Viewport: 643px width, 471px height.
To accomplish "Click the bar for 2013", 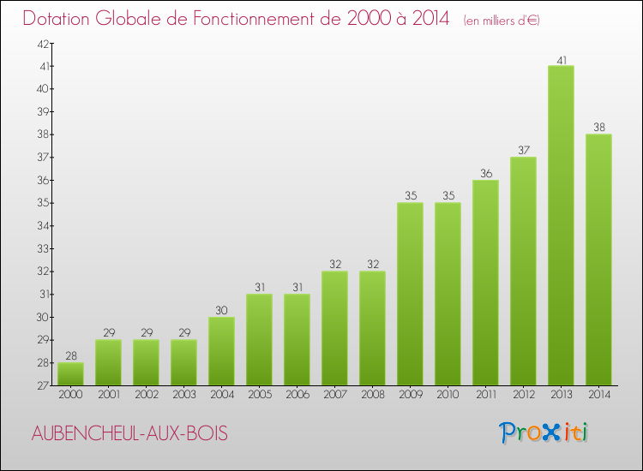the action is click(561, 225).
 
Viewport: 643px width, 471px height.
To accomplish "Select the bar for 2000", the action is click(70, 374).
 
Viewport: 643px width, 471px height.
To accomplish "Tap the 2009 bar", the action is click(410, 294).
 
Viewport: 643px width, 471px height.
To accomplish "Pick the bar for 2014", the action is click(598, 259).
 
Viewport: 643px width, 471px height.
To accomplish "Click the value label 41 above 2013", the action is click(562, 60).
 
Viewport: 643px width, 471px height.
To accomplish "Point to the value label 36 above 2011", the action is click(486, 173).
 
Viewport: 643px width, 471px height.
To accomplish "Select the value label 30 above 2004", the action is click(221, 310).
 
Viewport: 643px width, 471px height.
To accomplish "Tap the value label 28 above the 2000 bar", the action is click(71, 355).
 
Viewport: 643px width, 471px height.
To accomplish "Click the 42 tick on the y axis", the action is click(43, 44).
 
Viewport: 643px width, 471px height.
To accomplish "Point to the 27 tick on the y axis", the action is click(43, 385).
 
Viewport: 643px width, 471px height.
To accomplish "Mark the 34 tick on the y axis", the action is click(43, 226).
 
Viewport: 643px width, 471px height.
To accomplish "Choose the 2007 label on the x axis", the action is click(335, 394).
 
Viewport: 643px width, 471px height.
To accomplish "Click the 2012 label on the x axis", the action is click(524, 394).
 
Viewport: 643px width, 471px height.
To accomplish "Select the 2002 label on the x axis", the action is click(147, 394).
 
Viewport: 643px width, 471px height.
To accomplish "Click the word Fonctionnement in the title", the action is click(267, 19).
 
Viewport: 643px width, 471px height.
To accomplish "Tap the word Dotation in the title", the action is click(57, 19).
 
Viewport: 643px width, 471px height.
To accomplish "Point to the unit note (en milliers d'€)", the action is click(502, 21).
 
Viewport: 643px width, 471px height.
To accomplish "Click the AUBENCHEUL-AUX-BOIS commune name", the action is click(129, 433).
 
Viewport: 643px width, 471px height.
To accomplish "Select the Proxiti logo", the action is click(544, 432).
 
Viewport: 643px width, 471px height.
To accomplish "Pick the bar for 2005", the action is click(259, 339).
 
